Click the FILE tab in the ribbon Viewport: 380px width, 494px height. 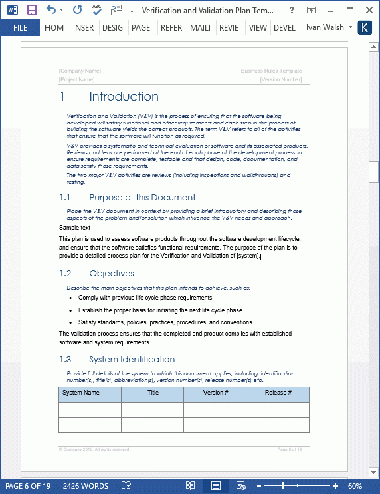pos(20,28)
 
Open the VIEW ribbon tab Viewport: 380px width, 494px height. pos(258,28)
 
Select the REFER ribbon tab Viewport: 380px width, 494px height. pos(171,28)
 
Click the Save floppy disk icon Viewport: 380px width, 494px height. pos(31,10)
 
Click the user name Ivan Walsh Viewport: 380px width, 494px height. pos(325,28)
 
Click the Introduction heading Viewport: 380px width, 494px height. pos(124,97)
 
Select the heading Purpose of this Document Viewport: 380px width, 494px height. pos(142,198)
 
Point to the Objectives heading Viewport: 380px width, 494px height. pos(111,274)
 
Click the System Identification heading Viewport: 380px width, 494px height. pos(132,360)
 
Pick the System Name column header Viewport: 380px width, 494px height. pos(81,393)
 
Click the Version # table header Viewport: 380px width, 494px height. pos(215,393)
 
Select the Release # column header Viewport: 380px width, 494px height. pos(278,393)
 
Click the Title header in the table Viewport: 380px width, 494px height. pos(153,393)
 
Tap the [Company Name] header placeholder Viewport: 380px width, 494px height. pos(80,71)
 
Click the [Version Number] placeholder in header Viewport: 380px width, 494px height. pos(281,79)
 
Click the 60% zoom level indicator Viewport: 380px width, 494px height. pos(355,486)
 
